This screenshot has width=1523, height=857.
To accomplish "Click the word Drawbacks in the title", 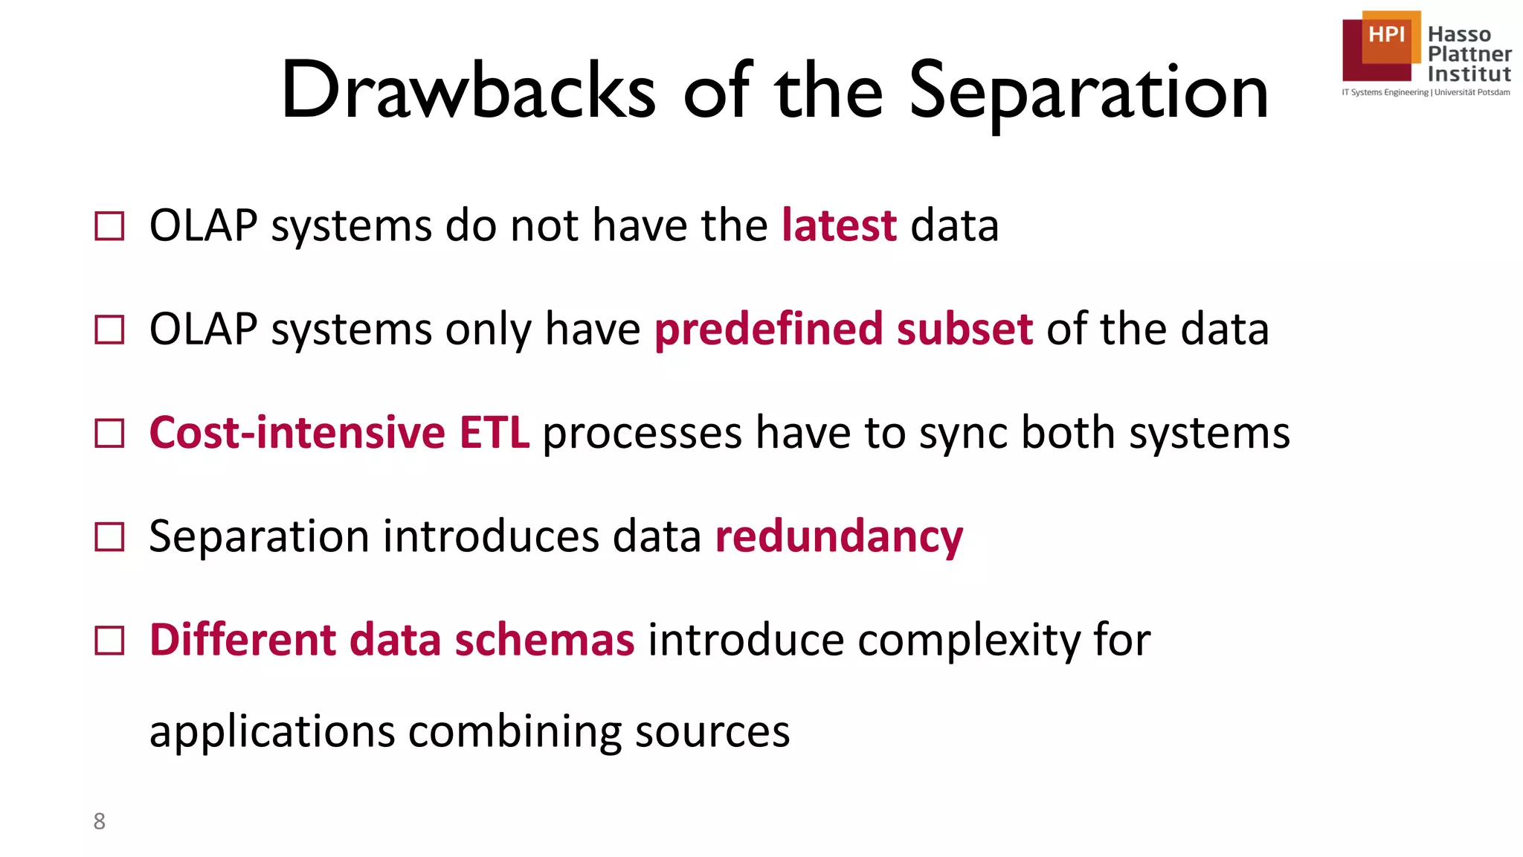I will (x=469, y=91).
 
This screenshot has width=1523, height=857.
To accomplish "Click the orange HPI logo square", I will (x=1388, y=36).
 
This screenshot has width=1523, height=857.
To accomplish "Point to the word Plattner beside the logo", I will (x=1469, y=54).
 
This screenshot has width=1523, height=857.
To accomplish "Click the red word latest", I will (x=839, y=225).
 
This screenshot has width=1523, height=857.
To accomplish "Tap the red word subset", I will (x=965, y=329).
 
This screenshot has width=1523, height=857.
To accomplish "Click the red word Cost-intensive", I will (x=297, y=433).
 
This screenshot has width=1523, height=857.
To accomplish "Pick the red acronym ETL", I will (x=495, y=433).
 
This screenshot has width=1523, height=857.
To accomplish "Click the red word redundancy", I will (x=839, y=537).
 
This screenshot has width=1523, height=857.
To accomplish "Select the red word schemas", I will (x=544, y=640).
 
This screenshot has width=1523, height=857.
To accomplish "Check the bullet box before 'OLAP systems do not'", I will (x=110, y=226).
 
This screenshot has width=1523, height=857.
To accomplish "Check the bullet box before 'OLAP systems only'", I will (x=110, y=330).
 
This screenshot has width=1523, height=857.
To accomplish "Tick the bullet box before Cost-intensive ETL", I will (x=110, y=433).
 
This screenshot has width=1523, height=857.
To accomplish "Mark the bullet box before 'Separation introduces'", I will (x=110, y=536).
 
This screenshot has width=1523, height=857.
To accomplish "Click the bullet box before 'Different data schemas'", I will (x=110, y=640).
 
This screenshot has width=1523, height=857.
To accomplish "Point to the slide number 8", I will (x=99, y=821).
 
